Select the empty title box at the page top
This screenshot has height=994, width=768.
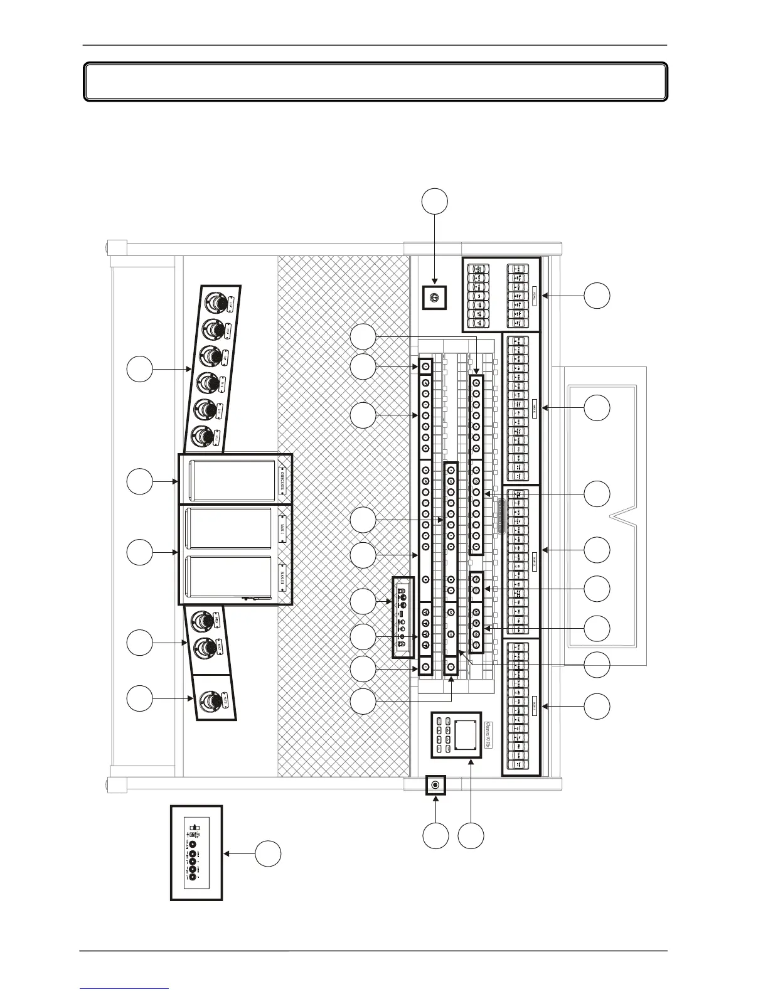click(375, 82)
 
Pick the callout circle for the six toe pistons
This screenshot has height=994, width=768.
click(139, 368)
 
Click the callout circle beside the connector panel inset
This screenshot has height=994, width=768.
click(268, 854)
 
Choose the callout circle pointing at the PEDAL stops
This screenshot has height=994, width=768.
click(597, 295)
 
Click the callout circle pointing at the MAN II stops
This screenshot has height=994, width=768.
click(597, 550)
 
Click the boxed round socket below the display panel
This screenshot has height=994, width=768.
click(435, 785)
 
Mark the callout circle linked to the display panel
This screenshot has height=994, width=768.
click(471, 836)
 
